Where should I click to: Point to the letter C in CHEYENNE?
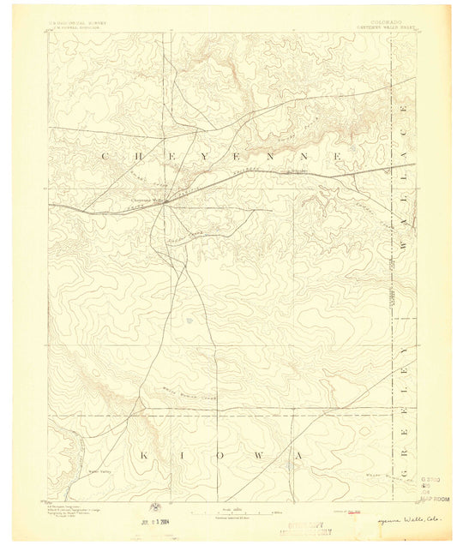105,156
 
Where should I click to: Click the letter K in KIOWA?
144,455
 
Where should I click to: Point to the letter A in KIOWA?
298,455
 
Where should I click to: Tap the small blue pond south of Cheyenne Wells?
188,320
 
